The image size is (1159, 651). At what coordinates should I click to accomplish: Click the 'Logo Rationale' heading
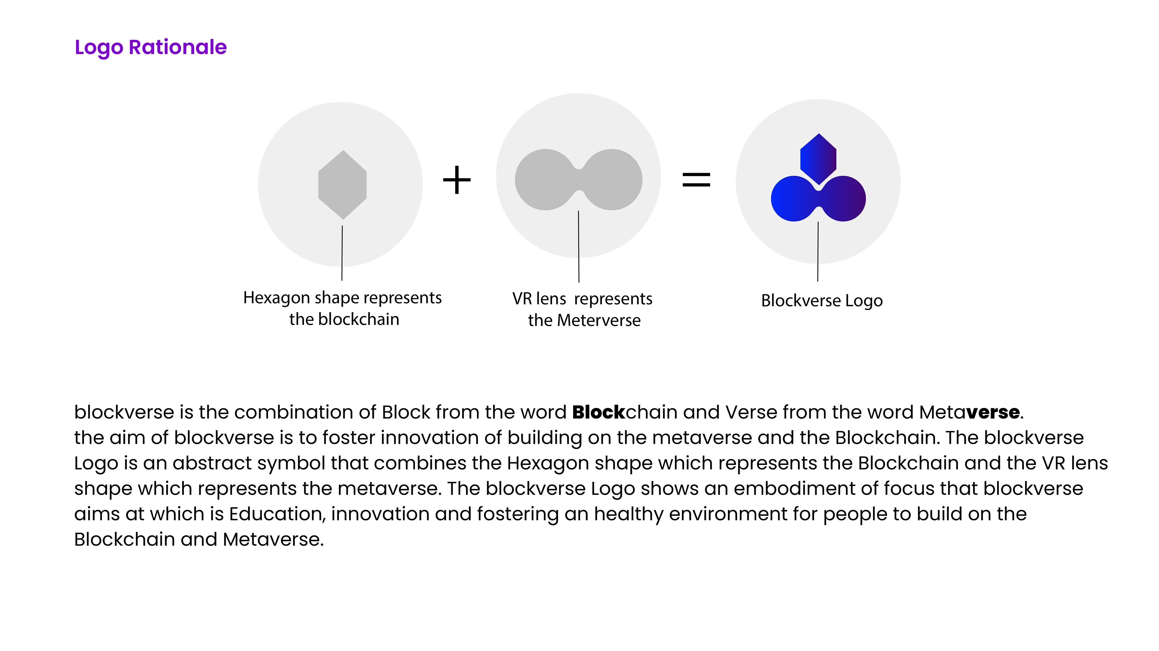pyautogui.click(x=151, y=47)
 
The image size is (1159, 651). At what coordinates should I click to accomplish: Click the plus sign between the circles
pyautogui.click(x=457, y=180)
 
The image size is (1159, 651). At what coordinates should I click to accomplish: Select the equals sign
pyautogui.click(x=696, y=180)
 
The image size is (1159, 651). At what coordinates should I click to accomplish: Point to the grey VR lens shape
pyautogui.click(x=578, y=180)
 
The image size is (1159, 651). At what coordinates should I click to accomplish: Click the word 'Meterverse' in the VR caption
pyautogui.click(x=599, y=321)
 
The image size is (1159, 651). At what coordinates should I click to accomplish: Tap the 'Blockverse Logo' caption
pyautogui.click(x=822, y=301)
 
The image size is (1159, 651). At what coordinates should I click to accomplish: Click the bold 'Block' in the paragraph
pyautogui.click(x=599, y=412)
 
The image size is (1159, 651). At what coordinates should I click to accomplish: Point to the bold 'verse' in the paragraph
pyautogui.click(x=993, y=412)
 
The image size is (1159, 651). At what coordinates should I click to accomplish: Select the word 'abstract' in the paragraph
pyautogui.click(x=212, y=463)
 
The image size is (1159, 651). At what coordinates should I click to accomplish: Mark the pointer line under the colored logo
pyautogui.click(x=818, y=252)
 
